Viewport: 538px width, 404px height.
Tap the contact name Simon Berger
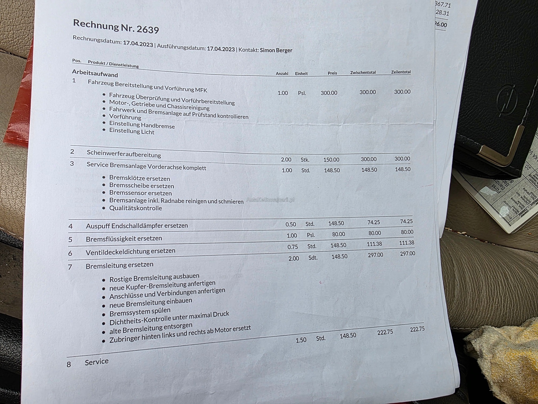tap(276, 50)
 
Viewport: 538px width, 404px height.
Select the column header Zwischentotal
tap(363, 72)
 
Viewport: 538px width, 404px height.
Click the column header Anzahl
tap(282, 73)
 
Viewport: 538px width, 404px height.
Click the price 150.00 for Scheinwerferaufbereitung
tap(331, 160)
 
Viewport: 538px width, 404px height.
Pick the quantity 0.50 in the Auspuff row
tap(291, 224)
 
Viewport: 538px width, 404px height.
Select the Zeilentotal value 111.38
tap(406, 243)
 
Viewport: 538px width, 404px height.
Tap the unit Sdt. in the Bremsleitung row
tap(313, 258)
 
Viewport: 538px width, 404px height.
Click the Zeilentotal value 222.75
tap(417, 329)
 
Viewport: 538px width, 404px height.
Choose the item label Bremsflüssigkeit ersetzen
tap(124, 238)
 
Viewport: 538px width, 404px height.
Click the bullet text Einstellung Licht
tap(132, 131)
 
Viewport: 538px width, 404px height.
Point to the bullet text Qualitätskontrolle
tap(136, 208)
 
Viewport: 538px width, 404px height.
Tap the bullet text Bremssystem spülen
tap(140, 312)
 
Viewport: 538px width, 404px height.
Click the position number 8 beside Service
tap(69, 364)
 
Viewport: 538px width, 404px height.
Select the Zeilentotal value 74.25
tap(406, 221)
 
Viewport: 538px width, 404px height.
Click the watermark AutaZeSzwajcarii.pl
tap(270, 200)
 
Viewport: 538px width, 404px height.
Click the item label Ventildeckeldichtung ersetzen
tap(130, 251)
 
